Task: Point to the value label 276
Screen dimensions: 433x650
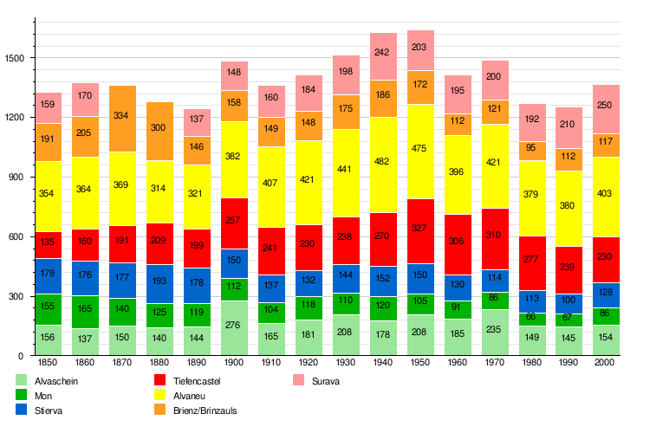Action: pyautogui.click(x=234, y=325)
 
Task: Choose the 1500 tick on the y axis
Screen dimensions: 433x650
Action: pyautogui.click(x=23, y=58)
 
